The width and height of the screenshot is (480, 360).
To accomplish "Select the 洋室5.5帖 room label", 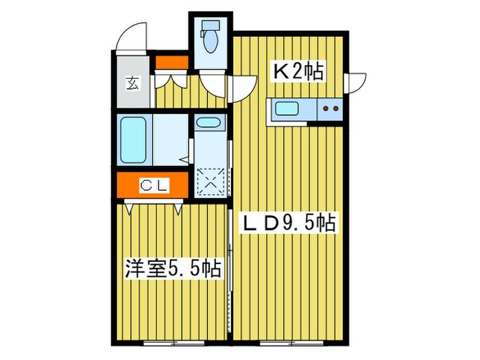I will point(172,268).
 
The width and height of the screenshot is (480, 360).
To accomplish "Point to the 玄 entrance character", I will point(131,84).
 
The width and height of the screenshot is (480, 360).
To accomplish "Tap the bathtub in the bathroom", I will point(133,140).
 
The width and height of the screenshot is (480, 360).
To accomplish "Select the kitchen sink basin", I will point(285,108).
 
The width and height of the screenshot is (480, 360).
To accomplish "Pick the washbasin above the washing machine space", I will point(208,123).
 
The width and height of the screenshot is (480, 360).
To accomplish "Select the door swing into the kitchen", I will point(240,86).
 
